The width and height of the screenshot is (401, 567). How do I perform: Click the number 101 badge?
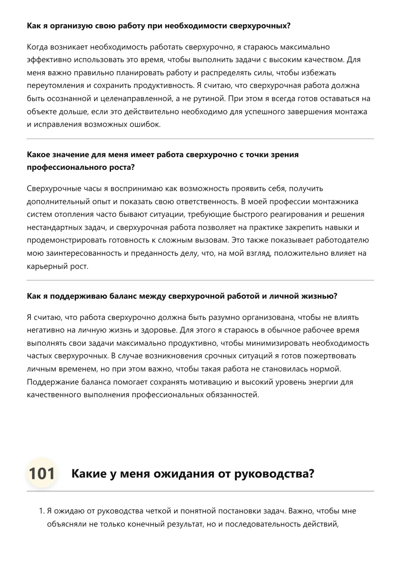(42, 474)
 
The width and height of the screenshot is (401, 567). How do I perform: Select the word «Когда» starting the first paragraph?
(37, 47)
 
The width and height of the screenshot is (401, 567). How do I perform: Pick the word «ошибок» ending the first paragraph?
(145, 125)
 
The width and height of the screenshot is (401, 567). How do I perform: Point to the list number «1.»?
(41, 511)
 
